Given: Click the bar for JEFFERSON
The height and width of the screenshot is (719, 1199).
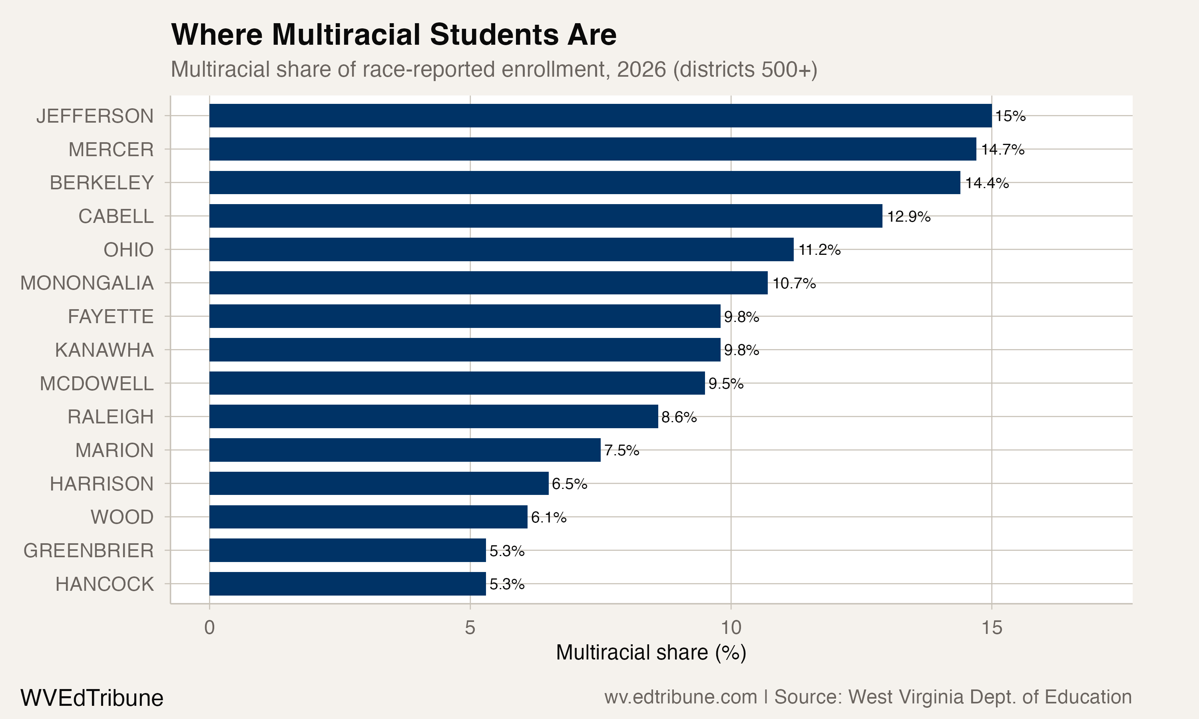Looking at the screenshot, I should coord(600,115).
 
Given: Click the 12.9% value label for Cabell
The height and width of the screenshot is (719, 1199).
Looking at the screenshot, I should coord(908,216).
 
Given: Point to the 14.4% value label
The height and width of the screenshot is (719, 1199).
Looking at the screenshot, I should coord(986,183).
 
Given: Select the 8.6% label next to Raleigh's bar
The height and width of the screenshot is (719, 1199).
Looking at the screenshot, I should coord(679,417).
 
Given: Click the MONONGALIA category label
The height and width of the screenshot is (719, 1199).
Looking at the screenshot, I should coord(87,283).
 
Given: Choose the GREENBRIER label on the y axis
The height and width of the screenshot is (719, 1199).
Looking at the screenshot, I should coord(88,550).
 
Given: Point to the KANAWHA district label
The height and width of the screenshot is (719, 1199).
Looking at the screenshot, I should coord(104,350).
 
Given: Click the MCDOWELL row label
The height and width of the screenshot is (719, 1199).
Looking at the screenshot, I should coord(96,383).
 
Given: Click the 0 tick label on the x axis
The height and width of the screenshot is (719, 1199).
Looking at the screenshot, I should coord(209,628).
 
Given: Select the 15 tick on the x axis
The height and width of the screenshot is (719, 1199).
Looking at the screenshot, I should coord(991,628).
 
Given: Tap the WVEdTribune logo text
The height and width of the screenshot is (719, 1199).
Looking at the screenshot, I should coord(92,698).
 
